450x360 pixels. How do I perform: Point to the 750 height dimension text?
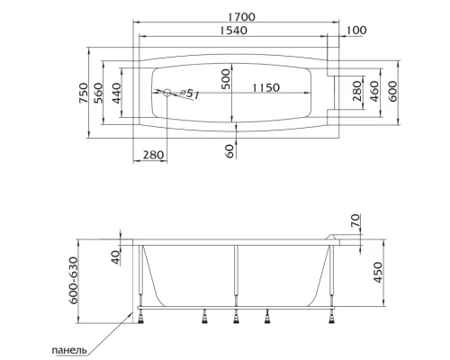tap(85, 90)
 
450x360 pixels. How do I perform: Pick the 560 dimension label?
tap(102, 90)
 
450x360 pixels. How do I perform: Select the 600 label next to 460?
tap(392, 90)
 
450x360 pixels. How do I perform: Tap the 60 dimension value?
tap(229, 151)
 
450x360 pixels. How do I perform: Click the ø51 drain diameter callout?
tap(187, 94)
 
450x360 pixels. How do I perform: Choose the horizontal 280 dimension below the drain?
tap(154, 155)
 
